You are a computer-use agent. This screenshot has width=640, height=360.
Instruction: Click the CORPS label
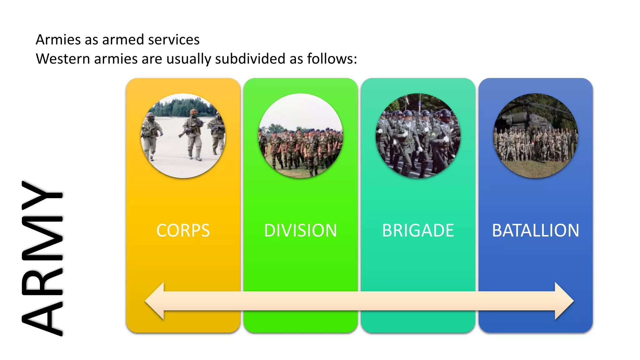[183, 231]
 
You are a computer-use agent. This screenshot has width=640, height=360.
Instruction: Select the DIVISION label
[300, 231]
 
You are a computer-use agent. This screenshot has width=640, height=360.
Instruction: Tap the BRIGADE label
[418, 231]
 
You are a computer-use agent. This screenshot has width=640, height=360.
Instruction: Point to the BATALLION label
[535, 231]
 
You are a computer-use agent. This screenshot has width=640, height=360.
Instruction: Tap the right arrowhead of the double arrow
[564, 301]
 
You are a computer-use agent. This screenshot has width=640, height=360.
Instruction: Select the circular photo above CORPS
[183, 136]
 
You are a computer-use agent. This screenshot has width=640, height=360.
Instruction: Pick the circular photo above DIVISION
[300, 136]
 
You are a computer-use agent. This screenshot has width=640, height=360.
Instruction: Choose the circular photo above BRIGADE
[418, 136]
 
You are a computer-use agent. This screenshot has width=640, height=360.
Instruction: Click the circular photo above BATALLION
[535, 136]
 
